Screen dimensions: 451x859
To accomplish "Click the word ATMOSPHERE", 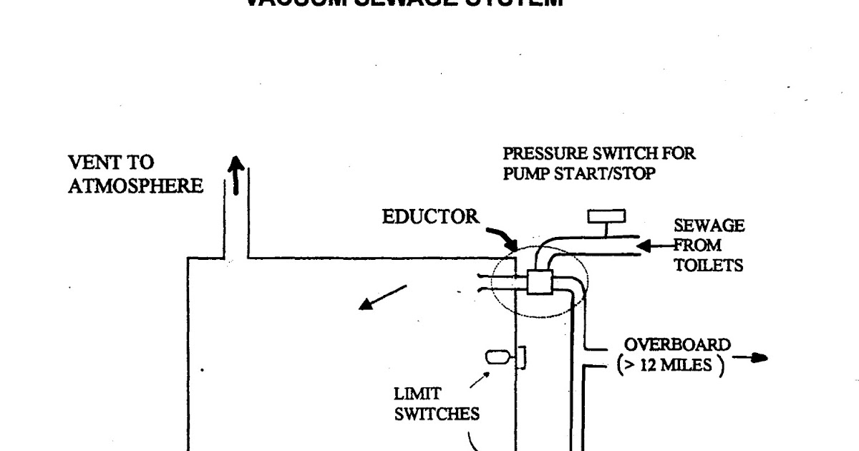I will click(x=136, y=186).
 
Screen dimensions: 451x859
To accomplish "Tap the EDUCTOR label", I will click(x=430, y=217).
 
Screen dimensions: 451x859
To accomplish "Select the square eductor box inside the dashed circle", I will click(x=539, y=281).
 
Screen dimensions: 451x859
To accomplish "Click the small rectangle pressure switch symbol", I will click(x=606, y=216).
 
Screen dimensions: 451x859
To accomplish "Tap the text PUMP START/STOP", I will click(x=578, y=173).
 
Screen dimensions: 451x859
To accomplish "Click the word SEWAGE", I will click(x=709, y=226).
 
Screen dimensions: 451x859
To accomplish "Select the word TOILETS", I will click(x=709, y=266).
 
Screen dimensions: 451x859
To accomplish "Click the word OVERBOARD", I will click(x=677, y=345).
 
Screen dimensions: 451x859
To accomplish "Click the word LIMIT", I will click(x=417, y=394).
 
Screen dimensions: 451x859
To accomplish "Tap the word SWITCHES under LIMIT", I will click(x=437, y=414).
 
